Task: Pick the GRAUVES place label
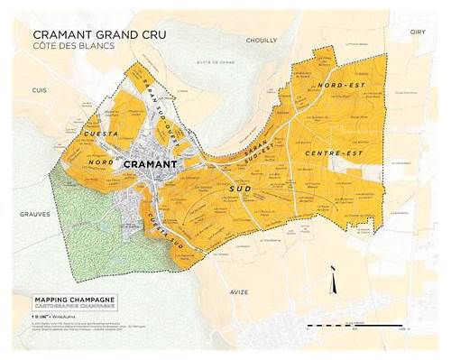(x=32, y=215)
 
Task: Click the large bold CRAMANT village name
(x=158, y=165)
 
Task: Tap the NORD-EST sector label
(x=334, y=86)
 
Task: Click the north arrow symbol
(x=334, y=281)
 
